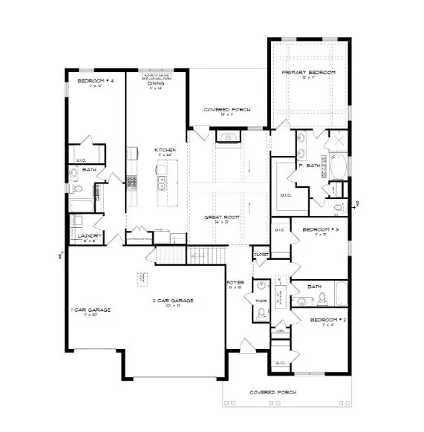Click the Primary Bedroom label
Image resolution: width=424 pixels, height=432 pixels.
click(x=308, y=73)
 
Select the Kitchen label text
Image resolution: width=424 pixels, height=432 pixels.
click(x=164, y=151)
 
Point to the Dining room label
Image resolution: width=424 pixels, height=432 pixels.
click(x=155, y=84)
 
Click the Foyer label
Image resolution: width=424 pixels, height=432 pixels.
click(x=235, y=284)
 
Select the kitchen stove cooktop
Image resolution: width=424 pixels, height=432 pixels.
click(x=133, y=180)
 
